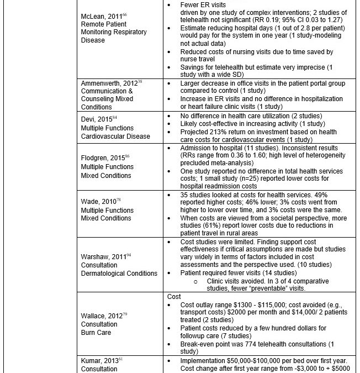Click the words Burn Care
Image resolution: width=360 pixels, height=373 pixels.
pyautogui.click(x=96, y=333)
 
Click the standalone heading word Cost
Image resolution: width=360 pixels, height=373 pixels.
pyautogui.click(x=174, y=297)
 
